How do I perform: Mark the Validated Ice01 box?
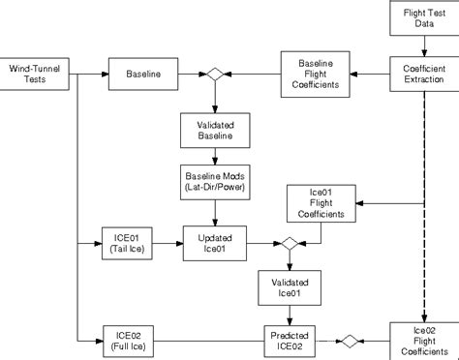288,286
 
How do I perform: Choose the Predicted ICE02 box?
288,341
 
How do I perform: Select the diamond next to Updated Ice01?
288,242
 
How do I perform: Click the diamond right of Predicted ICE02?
350,341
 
